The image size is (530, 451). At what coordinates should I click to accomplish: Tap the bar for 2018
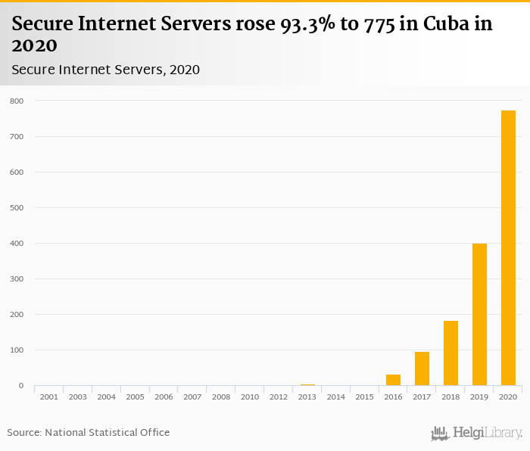450,353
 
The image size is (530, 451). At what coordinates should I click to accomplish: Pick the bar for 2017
422,369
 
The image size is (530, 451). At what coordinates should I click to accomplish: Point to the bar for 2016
393,381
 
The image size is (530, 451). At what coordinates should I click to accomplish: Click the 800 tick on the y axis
17,101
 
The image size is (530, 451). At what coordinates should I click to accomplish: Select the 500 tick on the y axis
17,208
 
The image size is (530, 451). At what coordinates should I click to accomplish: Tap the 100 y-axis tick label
17,350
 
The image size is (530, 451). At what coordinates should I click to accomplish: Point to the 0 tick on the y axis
20,386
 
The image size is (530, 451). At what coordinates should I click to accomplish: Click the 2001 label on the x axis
48,397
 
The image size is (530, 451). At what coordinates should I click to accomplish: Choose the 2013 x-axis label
307,397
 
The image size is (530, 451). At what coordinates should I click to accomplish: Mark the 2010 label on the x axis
250,397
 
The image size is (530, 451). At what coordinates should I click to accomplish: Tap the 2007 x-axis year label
192,397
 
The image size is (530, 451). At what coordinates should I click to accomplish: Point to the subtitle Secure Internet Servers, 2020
105,70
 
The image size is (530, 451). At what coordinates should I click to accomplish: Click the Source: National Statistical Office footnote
89,432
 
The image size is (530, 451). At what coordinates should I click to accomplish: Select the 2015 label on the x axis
364,397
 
